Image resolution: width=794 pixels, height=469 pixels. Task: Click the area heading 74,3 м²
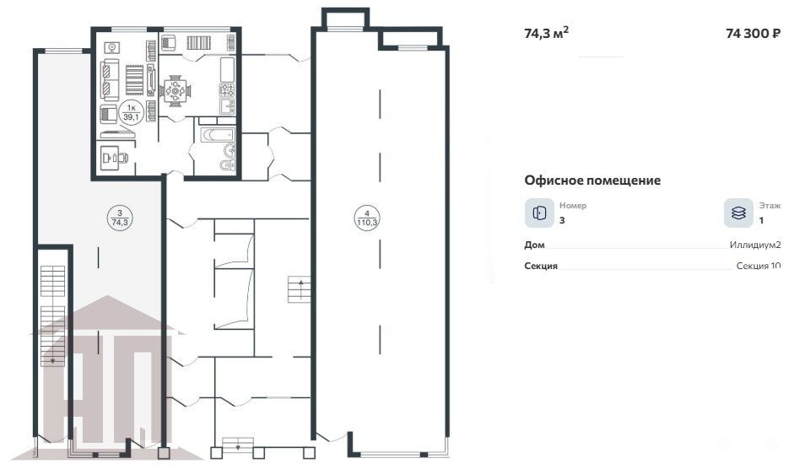coord(547,33)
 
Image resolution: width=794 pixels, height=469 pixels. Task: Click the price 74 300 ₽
coord(753,34)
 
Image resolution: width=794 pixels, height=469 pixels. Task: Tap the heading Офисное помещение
coord(592,181)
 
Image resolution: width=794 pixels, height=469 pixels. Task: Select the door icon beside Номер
coord(539,213)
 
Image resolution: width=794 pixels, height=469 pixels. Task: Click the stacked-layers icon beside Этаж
coord(738,213)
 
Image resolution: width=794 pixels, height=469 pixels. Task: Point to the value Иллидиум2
coord(755,245)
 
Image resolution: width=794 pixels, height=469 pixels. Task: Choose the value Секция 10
coord(759,266)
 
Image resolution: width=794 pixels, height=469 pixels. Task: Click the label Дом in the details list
coord(534,245)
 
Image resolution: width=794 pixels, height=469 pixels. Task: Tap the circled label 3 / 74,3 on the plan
coord(120,218)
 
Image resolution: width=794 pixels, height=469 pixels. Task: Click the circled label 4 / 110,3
coord(366,218)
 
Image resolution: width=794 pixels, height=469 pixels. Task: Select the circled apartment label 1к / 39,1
coord(131,112)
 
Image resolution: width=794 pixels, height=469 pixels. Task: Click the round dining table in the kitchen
coord(176,91)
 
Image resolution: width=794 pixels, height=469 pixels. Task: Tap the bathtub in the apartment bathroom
coord(218,135)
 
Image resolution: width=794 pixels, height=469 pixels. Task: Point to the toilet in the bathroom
coord(227,164)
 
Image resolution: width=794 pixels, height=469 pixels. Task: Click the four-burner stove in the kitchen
coord(226,90)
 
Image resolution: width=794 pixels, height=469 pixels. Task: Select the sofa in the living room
coord(110,80)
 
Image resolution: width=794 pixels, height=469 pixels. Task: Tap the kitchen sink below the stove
coord(227,105)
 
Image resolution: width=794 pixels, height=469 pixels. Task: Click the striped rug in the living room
coord(135,79)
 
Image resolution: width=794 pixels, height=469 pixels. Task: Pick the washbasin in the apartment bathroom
coord(230,150)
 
